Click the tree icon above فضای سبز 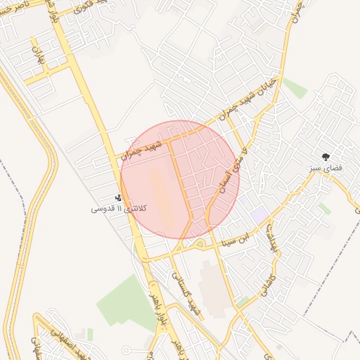tap(325, 157)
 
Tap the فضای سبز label tap(324, 169)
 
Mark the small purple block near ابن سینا tap(259, 213)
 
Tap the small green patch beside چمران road tap(295, 88)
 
